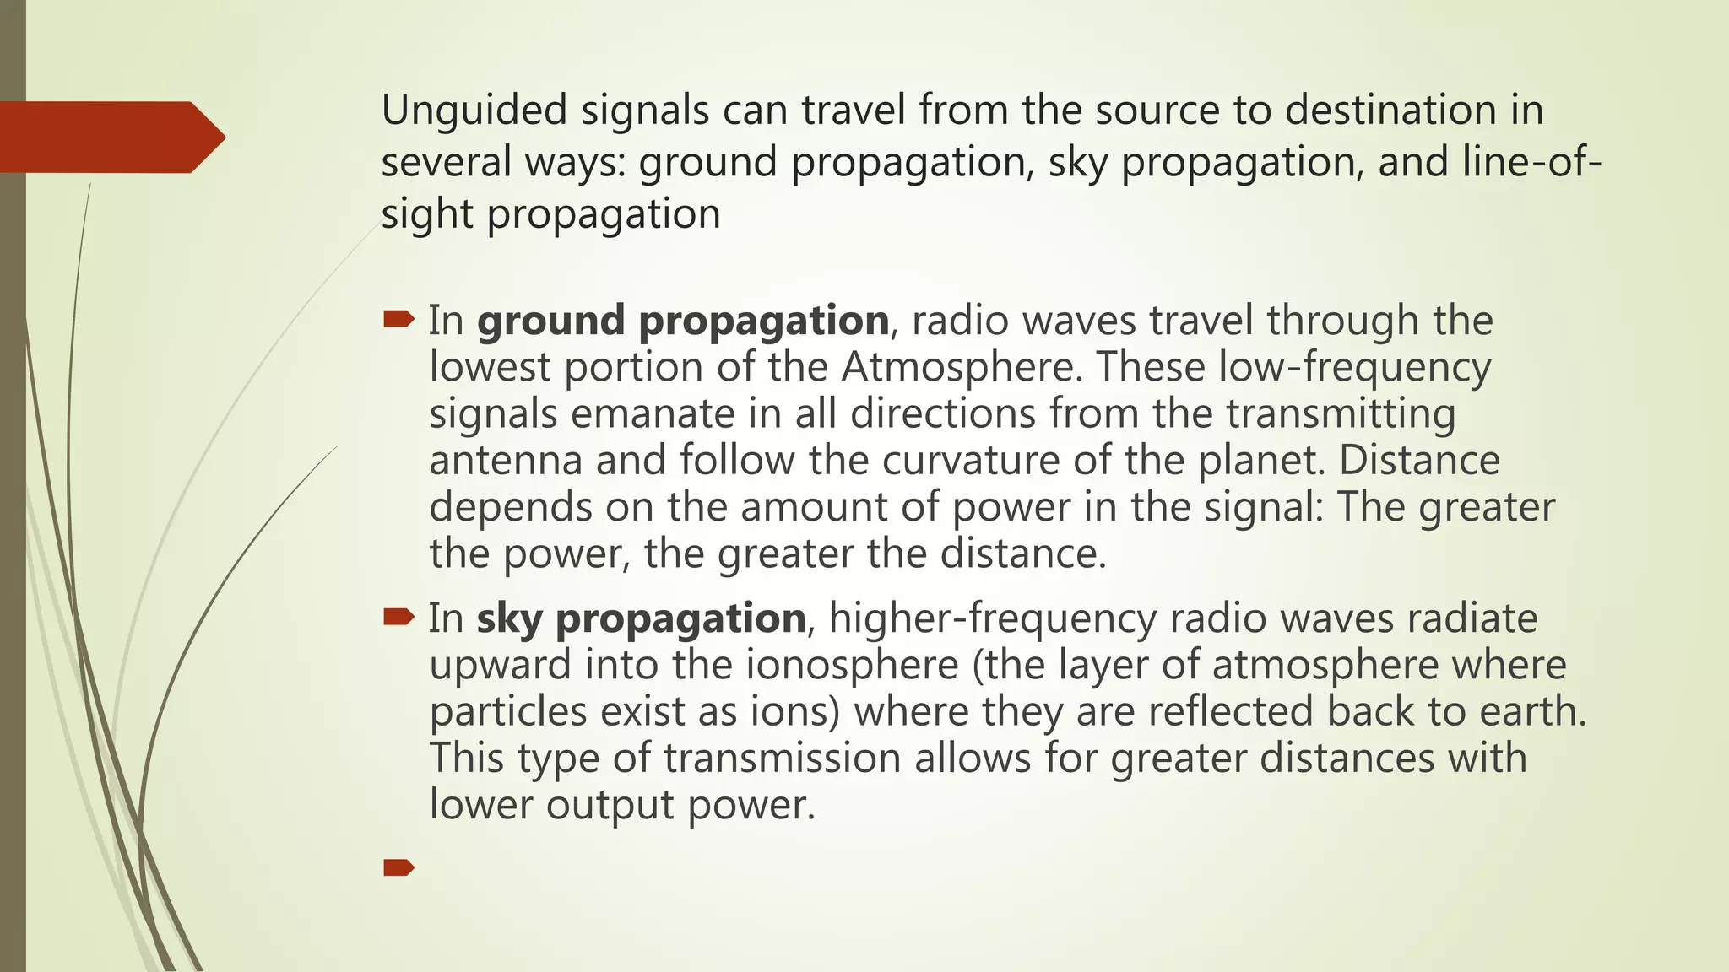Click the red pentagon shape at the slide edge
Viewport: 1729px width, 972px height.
(110, 138)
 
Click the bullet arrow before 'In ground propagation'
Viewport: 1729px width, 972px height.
(398, 320)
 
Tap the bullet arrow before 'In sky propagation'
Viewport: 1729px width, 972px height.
(398, 618)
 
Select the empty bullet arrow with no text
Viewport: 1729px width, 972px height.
(398, 867)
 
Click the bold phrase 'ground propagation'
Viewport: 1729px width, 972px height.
(683, 321)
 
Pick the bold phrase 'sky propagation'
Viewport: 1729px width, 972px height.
(641, 619)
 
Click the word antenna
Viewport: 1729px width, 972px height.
(506, 461)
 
